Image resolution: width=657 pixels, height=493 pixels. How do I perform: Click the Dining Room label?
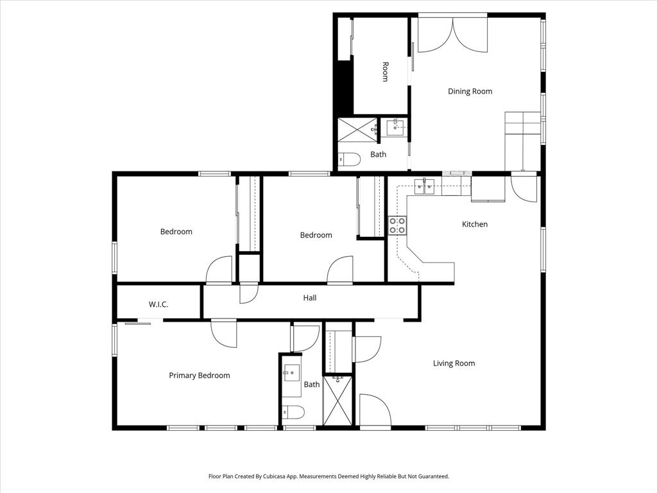470,91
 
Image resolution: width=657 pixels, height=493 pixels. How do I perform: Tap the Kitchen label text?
475,224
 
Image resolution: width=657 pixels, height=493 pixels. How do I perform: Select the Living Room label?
454,363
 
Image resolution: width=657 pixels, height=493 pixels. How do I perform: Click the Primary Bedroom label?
199,376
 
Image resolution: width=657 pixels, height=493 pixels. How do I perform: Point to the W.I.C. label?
158,304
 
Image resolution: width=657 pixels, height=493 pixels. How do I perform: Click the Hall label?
310,298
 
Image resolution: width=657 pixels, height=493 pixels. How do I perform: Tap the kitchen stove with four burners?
397,225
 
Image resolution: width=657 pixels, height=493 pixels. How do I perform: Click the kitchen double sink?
425,187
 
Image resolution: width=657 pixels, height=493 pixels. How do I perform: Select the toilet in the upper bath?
350,159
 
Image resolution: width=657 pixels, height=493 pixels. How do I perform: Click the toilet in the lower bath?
294,411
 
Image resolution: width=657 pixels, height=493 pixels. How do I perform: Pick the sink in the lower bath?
292,372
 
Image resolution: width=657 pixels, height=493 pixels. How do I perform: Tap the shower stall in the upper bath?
357,129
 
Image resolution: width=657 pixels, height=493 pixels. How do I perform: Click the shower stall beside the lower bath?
337,401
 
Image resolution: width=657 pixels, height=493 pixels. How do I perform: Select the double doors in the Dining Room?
452,35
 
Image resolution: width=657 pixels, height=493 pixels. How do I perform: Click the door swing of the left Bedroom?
220,270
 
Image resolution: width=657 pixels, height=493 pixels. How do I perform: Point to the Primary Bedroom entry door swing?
225,333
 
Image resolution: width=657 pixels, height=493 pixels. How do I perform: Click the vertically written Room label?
385,71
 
